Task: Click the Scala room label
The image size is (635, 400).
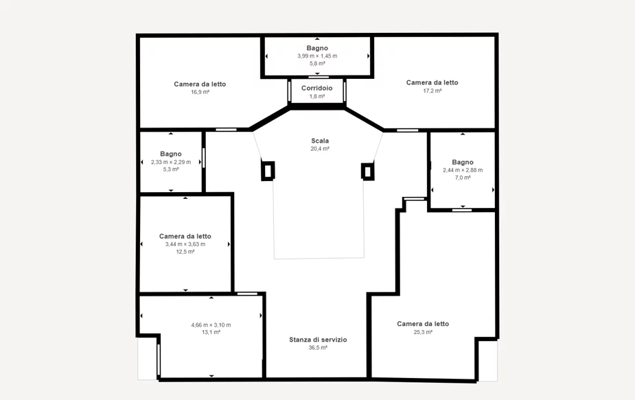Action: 320,141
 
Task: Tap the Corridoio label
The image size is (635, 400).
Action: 316,88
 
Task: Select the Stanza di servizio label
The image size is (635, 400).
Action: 318,340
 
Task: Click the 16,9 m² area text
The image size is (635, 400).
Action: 200,92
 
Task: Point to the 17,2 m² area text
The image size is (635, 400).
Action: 432,91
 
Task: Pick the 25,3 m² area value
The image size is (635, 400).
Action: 423,332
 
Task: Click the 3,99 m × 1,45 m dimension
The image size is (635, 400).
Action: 317,56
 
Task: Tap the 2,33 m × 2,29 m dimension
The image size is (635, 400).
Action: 171,162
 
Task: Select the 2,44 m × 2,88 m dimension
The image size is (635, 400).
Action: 463,170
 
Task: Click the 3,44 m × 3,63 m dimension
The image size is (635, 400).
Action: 185,244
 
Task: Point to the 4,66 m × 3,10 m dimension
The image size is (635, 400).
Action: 211,325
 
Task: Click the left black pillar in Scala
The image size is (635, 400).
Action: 268,170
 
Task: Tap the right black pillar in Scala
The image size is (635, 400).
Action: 367,172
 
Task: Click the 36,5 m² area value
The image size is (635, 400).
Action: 318,347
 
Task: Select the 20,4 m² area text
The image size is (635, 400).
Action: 320,149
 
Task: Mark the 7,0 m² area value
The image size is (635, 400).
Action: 463,177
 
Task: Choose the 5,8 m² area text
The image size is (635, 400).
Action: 317,63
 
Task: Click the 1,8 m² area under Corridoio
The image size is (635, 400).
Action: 317,96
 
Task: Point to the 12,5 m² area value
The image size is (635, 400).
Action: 185,251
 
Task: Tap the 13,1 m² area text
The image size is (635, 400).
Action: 211,332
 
